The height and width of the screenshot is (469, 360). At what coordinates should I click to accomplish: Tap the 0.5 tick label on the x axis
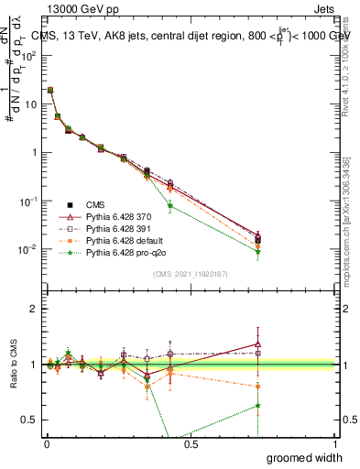191,443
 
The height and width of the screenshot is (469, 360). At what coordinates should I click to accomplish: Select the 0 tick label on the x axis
46,443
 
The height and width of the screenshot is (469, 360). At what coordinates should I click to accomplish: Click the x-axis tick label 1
335,443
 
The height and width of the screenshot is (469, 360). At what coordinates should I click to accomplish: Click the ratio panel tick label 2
36,309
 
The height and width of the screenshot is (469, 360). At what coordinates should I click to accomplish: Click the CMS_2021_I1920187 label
191,272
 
